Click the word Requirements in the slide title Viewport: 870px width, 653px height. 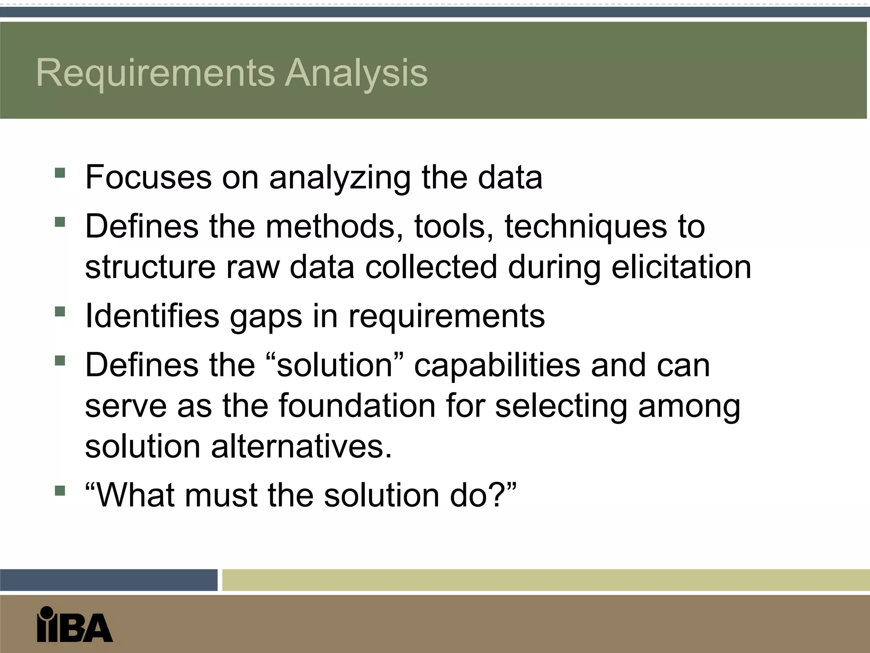(x=155, y=73)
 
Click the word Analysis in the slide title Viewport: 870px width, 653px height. (x=356, y=73)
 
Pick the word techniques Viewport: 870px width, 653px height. (x=586, y=227)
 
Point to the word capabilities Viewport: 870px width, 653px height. (x=497, y=366)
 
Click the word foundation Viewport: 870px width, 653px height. (x=357, y=406)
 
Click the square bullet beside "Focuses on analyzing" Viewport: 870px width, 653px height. (x=60, y=173)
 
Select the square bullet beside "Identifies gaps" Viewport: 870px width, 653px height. (x=60, y=312)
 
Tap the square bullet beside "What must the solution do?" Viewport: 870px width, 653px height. (x=60, y=491)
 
